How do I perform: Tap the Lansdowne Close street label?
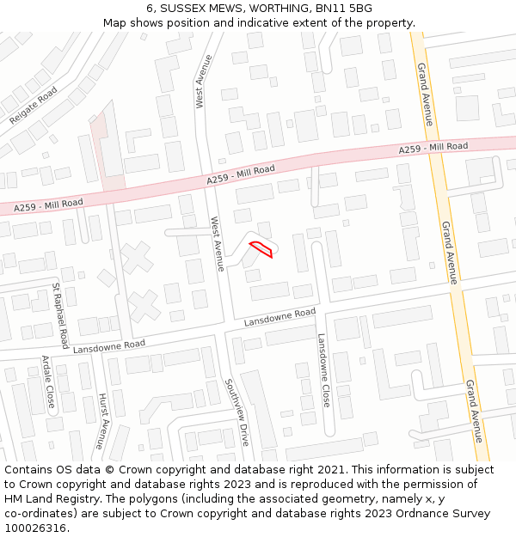pos(323,370)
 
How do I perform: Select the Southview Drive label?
pos(236,412)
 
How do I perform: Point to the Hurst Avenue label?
pos(101,422)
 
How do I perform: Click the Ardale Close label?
pos(49,382)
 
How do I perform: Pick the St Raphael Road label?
pos(60,315)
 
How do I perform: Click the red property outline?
pos(261,249)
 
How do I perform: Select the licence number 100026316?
pos(36,528)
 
